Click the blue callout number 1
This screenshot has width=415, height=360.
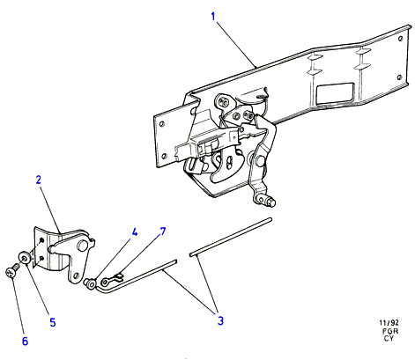pyautogui.click(x=213, y=17)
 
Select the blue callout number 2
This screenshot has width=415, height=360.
pyautogui.click(x=39, y=180)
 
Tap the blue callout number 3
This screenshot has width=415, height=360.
pyautogui.click(x=220, y=320)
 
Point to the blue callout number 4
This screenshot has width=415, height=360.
pyautogui.click(x=134, y=232)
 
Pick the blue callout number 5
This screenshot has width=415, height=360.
pyautogui.click(x=53, y=322)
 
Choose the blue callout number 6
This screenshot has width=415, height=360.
pyautogui.click(x=25, y=342)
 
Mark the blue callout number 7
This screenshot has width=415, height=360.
pyautogui.click(x=162, y=231)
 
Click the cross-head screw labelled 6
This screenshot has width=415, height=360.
pyautogui.click(x=11, y=271)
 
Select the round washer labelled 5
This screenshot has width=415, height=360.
pyautogui.click(x=25, y=258)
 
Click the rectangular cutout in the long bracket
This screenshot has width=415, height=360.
pyautogui.click(x=336, y=92)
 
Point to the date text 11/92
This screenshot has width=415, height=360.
pyautogui.click(x=389, y=323)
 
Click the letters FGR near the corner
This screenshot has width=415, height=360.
pyautogui.click(x=390, y=331)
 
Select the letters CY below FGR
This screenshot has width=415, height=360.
pyautogui.click(x=389, y=338)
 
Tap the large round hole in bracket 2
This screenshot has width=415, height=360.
pyautogui.click(x=82, y=246)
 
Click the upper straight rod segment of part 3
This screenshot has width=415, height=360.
pyautogui.click(x=231, y=237)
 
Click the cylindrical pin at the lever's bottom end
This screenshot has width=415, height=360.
pyautogui.click(x=271, y=202)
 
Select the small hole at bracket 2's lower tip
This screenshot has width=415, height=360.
pyautogui.click(x=77, y=276)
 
